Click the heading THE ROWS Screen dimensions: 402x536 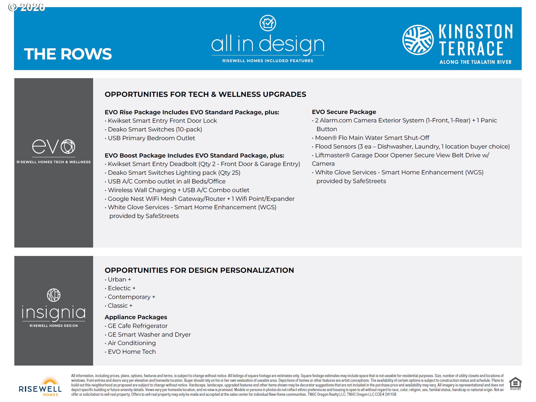(68, 54)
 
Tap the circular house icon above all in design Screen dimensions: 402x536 (268, 23)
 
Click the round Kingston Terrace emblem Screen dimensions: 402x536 (418, 40)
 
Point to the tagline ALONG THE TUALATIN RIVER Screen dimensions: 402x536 (475, 62)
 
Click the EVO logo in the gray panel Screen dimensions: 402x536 (54, 146)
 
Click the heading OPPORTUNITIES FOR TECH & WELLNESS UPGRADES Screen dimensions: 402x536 (205, 94)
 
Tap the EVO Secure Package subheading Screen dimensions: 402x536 (344, 112)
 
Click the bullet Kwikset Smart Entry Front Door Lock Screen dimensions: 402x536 (162, 121)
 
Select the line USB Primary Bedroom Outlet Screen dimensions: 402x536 (151, 138)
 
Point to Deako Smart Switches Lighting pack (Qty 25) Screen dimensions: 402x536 (174, 173)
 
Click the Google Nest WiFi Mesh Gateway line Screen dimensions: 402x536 (201, 199)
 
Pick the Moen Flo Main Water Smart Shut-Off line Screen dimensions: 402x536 (372, 138)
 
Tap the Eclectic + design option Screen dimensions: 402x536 (121, 288)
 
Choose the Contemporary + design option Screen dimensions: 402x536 (131, 297)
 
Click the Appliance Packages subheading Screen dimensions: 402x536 (136, 317)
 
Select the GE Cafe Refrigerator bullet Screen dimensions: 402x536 (137, 326)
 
